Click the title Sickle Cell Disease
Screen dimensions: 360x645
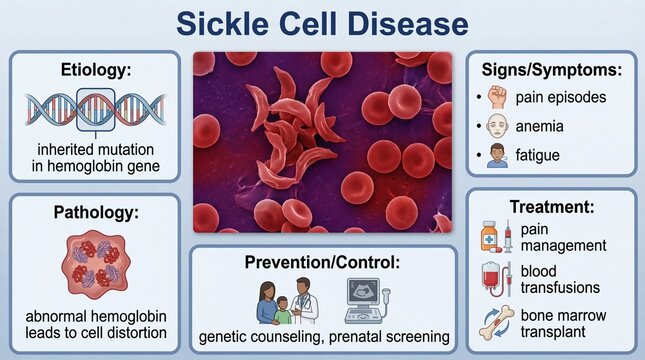pos(322,23)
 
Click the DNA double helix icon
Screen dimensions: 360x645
pos(95,111)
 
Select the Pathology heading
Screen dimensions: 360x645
pos(95,213)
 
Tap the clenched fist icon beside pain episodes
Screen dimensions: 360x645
pos(499,97)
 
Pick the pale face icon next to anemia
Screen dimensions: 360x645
pos(499,128)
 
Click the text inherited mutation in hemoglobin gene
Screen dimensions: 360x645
pos(95,157)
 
